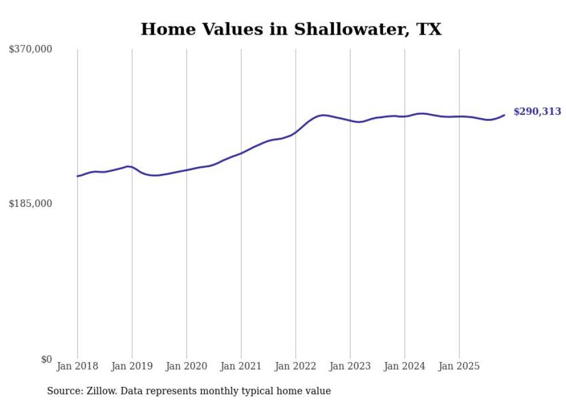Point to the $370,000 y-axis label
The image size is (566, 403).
click(x=31, y=50)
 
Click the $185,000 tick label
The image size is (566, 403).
click(x=31, y=204)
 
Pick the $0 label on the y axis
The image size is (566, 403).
click(x=46, y=359)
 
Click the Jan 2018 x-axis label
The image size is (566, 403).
click(x=77, y=366)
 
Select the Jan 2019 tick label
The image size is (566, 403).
click(x=132, y=366)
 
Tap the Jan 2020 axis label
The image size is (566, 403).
click(x=187, y=366)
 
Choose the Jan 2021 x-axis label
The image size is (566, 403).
click(x=241, y=366)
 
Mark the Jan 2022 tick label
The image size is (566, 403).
click(x=296, y=366)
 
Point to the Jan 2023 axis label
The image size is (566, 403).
click(x=350, y=366)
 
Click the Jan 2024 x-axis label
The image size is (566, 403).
click(x=404, y=366)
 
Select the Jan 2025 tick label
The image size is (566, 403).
click(x=459, y=366)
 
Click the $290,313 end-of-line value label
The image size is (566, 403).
click(x=537, y=112)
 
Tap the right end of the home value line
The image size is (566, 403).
click(x=504, y=115)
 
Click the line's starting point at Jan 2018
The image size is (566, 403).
click(x=77, y=176)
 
